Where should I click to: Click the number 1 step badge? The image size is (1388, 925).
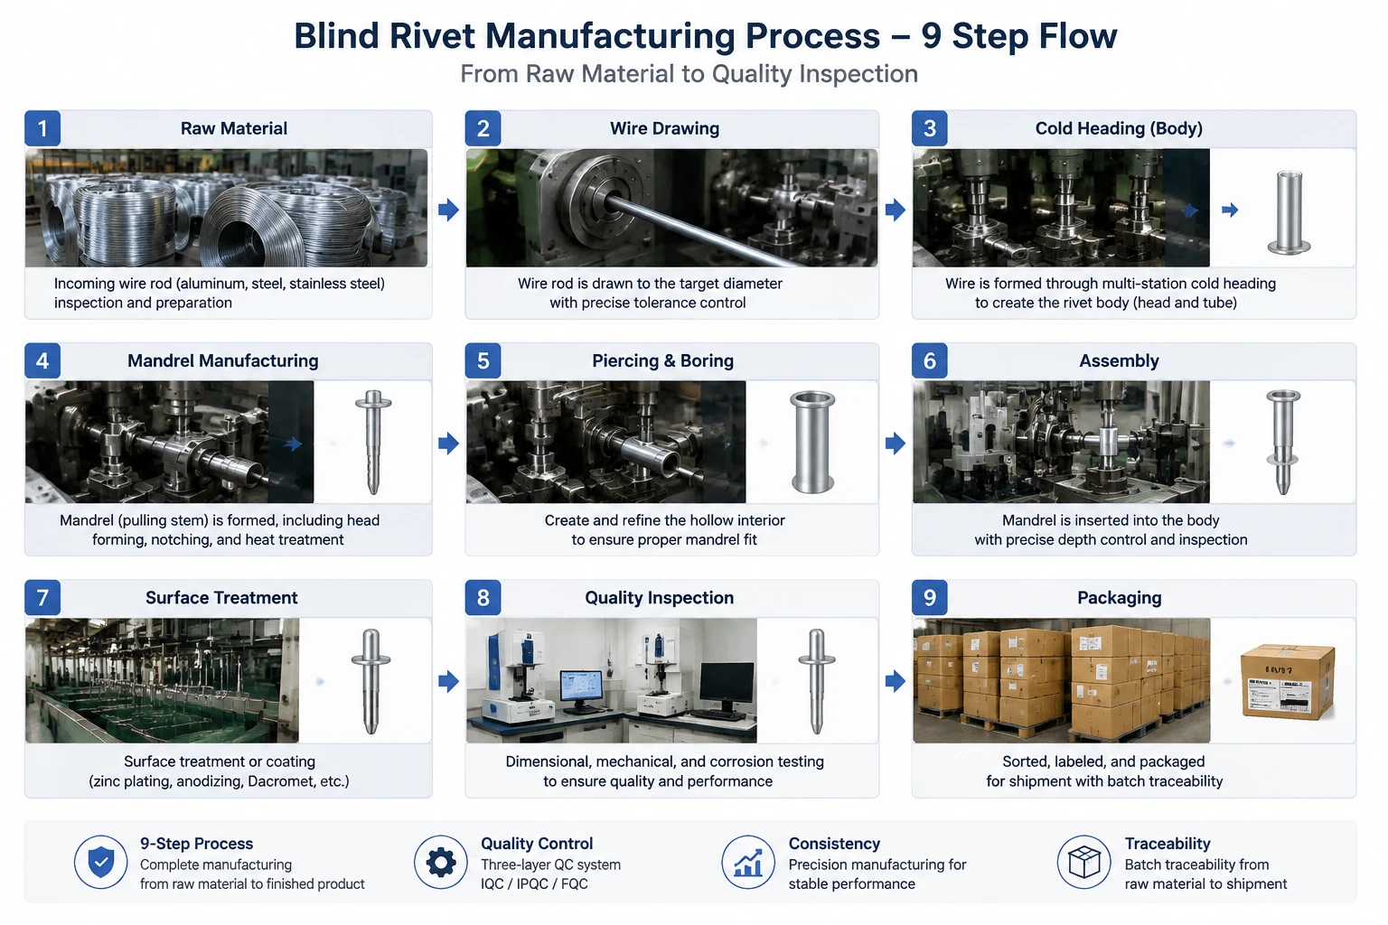[x=42, y=128]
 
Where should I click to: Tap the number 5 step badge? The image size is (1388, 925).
[x=483, y=360]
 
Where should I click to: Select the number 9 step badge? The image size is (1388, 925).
[x=930, y=597]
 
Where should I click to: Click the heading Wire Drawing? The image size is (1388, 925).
[x=664, y=128]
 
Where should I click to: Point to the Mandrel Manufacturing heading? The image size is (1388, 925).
[x=223, y=360]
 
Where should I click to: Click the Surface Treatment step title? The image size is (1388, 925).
[x=221, y=597]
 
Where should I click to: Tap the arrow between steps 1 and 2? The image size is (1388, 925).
[x=448, y=210]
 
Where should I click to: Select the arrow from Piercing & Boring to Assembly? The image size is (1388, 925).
[x=896, y=443]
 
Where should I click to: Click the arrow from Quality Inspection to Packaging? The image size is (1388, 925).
[x=896, y=681]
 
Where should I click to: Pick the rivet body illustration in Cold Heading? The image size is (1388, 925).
[x=1289, y=212]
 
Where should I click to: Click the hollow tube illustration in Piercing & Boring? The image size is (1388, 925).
[x=812, y=442]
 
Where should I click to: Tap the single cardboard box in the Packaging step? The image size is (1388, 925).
[x=1288, y=681]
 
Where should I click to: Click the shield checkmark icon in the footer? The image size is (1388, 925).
[x=101, y=862]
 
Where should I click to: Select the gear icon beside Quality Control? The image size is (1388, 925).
[x=441, y=862]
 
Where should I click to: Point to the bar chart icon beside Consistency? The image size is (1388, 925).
[x=748, y=862]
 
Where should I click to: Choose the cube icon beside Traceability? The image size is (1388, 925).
[x=1084, y=862]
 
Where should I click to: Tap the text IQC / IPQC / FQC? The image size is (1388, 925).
[x=534, y=883]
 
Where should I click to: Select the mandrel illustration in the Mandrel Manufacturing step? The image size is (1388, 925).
[x=373, y=442]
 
